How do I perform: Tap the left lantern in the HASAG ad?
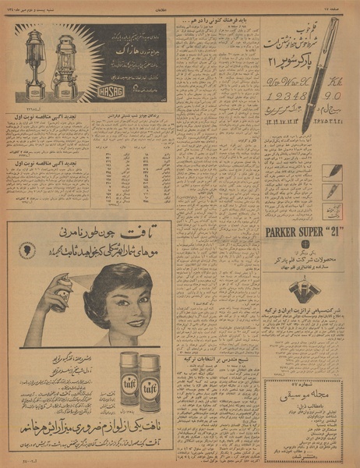point(34,64)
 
